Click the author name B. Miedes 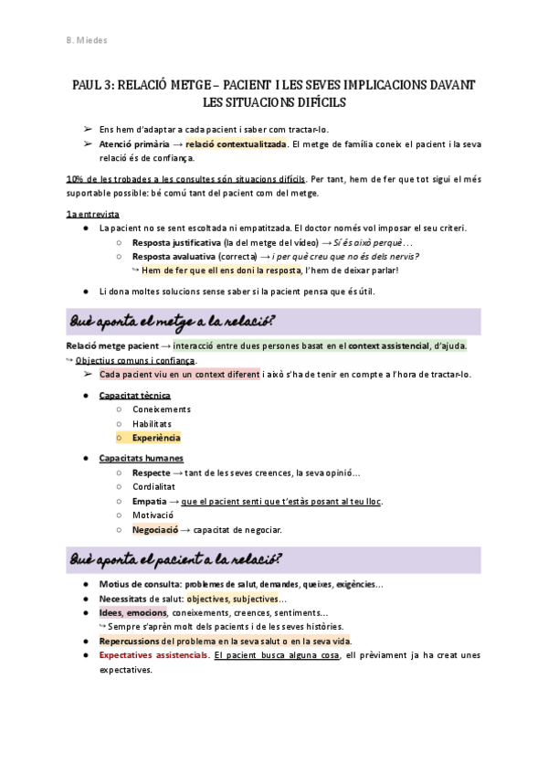87,41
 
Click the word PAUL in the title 89,85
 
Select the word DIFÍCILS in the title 320,101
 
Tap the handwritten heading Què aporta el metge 174,323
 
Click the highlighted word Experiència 156,438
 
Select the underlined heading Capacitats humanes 141,458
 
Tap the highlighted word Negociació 154,529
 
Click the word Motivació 153,515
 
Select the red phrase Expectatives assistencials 153,655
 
